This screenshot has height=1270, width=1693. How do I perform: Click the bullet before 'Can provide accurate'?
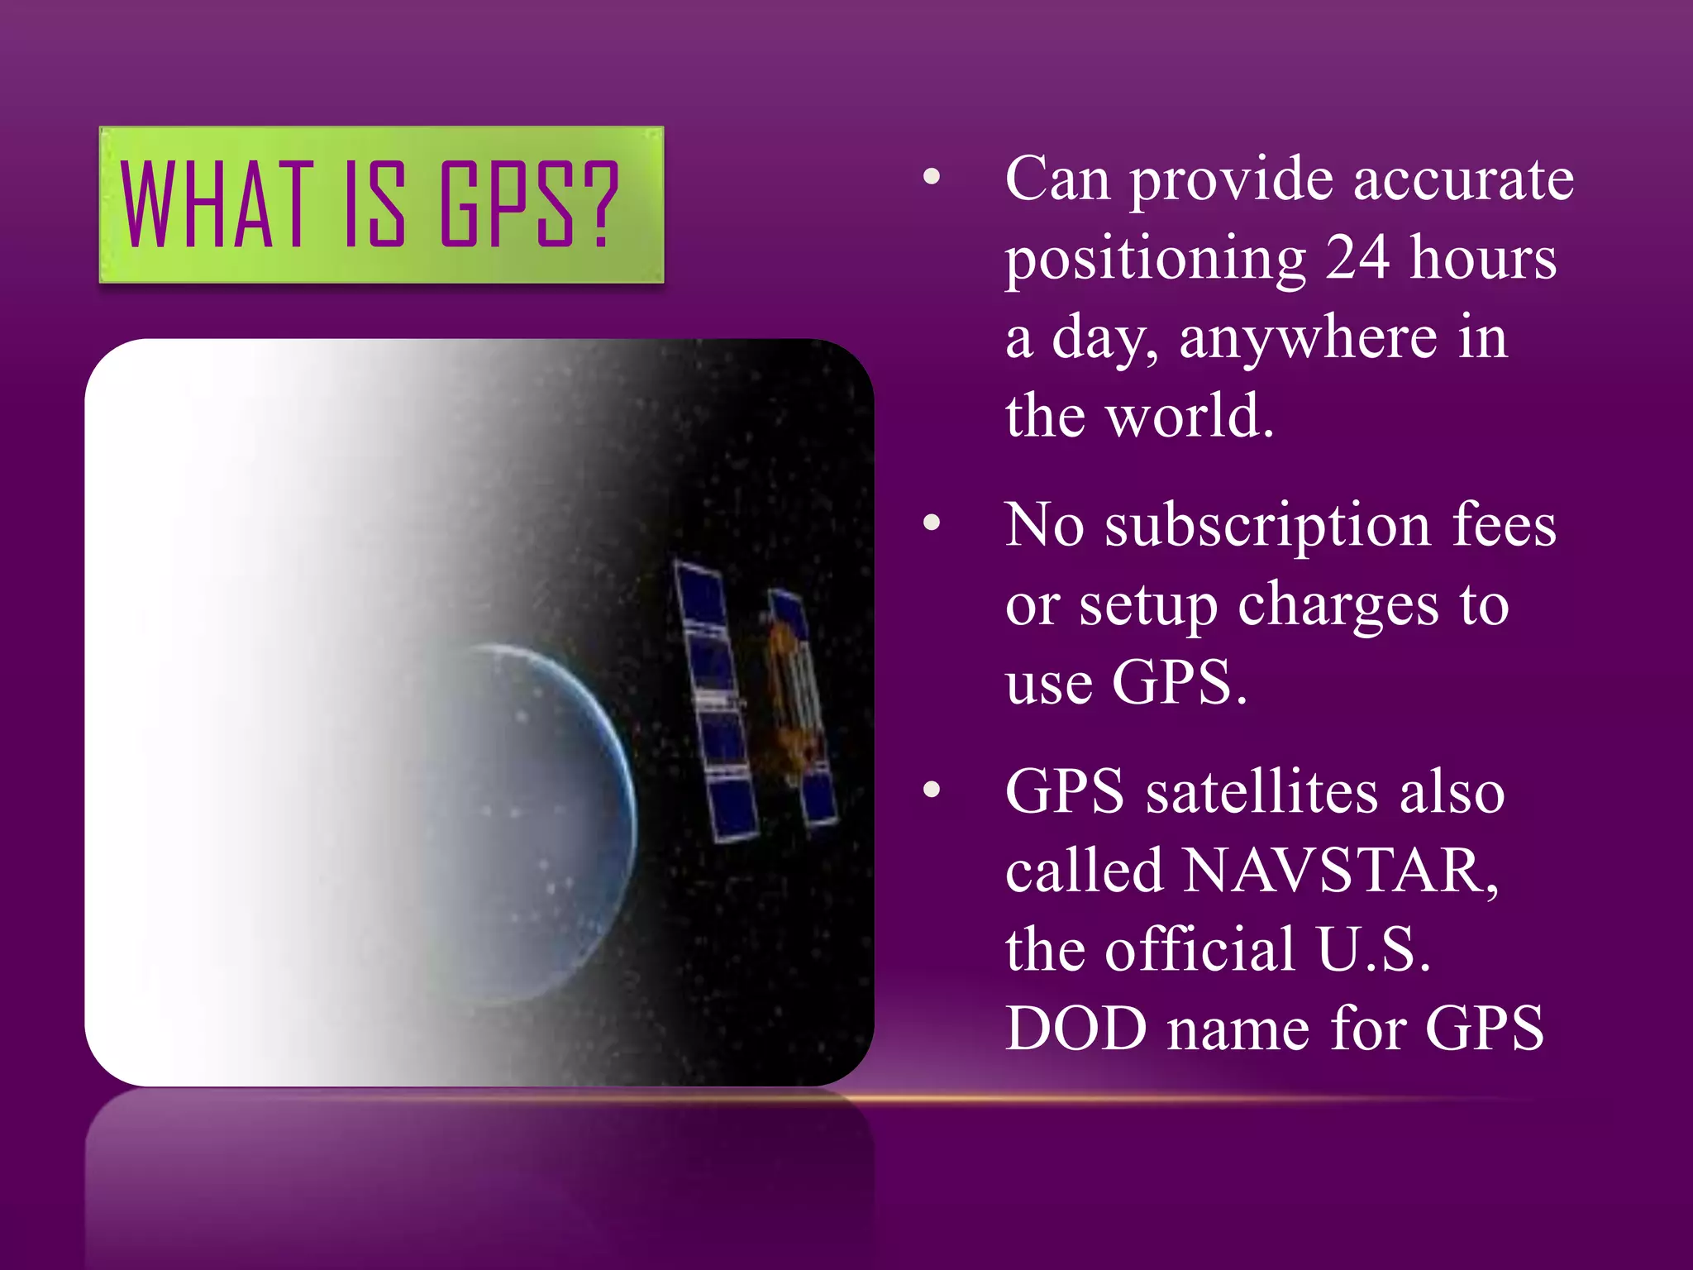tap(932, 176)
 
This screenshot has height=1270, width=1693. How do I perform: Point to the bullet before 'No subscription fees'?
tap(932, 523)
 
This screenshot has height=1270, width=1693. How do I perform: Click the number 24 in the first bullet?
tap(1357, 258)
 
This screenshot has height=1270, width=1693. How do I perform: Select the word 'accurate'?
tap(1463, 179)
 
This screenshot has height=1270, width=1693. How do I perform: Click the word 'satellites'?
tap(1261, 792)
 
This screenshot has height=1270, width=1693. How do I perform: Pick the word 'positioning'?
tap(1156, 260)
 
